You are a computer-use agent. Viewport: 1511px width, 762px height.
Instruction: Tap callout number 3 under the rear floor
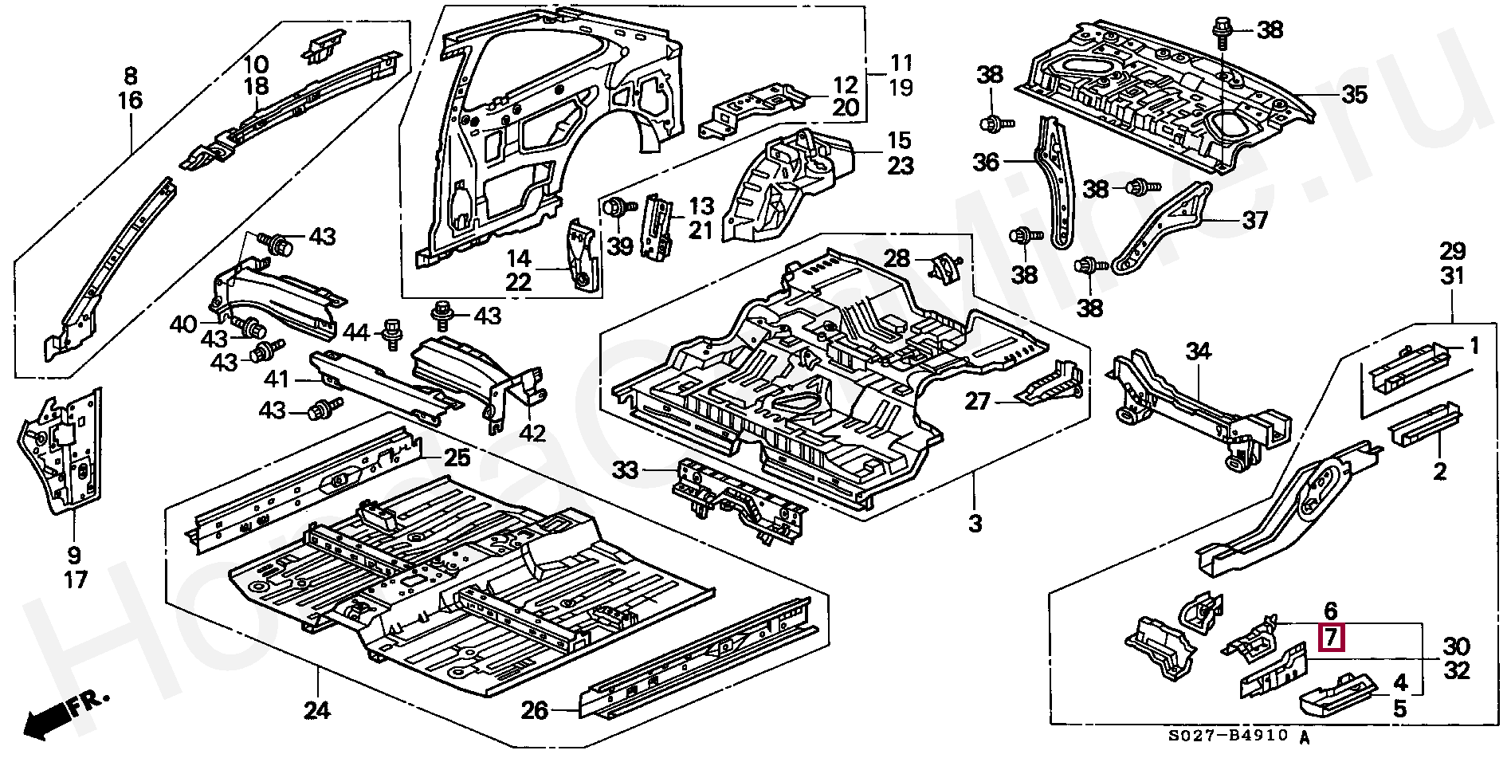(x=975, y=524)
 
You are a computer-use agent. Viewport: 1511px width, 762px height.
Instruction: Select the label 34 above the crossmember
(x=1198, y=351)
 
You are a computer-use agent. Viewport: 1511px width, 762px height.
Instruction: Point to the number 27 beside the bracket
(x=977, y=401)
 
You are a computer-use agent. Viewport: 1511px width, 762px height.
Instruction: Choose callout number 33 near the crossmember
(x=626, y=470)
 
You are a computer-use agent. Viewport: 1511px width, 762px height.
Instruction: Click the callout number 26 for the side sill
(x=535, y=709)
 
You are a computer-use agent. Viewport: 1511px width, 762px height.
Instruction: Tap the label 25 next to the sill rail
(x=457, y=458)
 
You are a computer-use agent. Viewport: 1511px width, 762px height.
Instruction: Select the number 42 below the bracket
(x=532, y=434)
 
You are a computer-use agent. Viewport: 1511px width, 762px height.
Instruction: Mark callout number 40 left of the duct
(x=182, y=324)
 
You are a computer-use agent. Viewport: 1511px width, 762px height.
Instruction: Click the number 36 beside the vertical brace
(x=986, y=163)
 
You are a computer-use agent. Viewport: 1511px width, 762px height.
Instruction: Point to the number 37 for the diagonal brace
(x=1254, y=219)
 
